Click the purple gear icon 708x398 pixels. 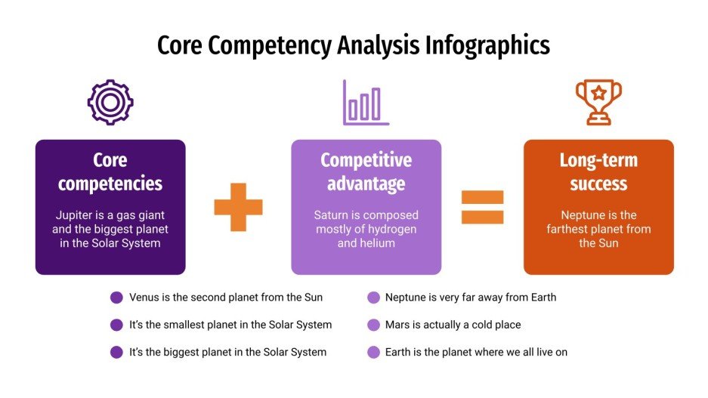pos(110,102)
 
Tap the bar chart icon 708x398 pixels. pos(366,103)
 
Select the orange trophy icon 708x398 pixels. pos(598,102)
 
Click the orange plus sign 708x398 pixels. pos(238,206)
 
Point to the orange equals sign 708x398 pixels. pos(482,206)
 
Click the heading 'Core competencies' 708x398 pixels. pos(110,171)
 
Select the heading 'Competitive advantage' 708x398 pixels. pos(366,171)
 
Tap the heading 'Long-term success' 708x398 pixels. pos(598,171)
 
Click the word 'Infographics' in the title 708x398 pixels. pos(487,45)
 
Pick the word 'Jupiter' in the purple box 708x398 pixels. pos(75,215)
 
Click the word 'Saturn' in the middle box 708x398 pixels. pos(332,215)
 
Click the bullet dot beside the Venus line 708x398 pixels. pos(116,298)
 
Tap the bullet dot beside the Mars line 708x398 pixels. pos(373,325)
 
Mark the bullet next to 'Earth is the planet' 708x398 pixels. pos(373,352)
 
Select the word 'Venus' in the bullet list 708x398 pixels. pos(145,298)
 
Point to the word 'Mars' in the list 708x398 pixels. pos(399,325)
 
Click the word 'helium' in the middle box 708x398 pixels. pos(377,243)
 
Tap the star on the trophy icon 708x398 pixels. pos(598,93)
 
